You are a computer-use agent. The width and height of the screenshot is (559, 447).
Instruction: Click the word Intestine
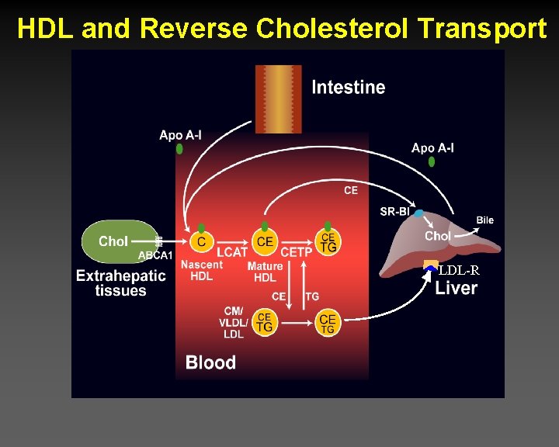point(348,87)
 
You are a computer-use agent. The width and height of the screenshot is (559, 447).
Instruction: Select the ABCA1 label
point(155,256)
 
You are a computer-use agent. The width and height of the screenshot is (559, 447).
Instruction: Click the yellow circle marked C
point(201,242)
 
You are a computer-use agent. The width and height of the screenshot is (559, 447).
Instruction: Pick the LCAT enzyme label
point(232,252)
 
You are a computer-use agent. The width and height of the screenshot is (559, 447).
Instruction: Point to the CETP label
point(296,252)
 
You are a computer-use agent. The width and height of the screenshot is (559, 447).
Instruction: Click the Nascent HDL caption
point(202,271)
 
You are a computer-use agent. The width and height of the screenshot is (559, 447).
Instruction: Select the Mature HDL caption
point(265,272)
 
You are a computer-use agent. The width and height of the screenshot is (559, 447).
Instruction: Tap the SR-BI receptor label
point(394,212)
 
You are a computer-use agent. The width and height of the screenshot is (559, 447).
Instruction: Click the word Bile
point(484,220)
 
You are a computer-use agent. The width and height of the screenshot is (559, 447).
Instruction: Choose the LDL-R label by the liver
point(459,271)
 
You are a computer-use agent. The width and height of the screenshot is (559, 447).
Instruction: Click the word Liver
point(456,289)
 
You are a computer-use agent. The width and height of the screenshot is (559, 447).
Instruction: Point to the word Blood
point(210,362)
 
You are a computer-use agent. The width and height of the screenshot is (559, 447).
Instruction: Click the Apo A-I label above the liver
point(432,148)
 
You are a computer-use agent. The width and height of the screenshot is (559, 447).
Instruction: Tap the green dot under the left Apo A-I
point(180,148)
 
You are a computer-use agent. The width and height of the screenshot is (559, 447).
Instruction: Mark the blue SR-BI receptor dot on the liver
point(419,213)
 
